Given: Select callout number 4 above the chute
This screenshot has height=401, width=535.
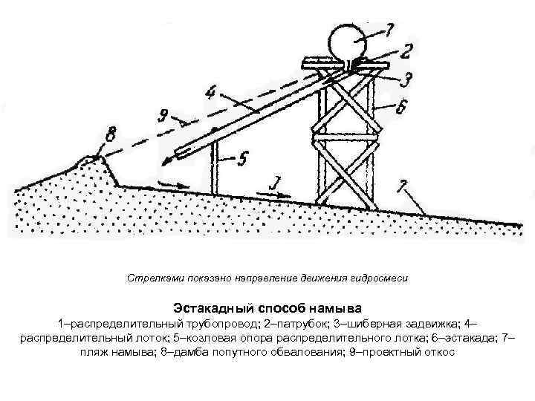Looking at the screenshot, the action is (213, 94).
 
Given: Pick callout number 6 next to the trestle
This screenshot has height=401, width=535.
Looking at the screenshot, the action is (401, 108).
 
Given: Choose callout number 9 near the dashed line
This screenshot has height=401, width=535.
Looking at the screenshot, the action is (163, 116).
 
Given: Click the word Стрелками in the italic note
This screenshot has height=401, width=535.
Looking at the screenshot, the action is (150, 278).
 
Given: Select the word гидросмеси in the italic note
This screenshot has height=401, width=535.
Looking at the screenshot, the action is (383, 278).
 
